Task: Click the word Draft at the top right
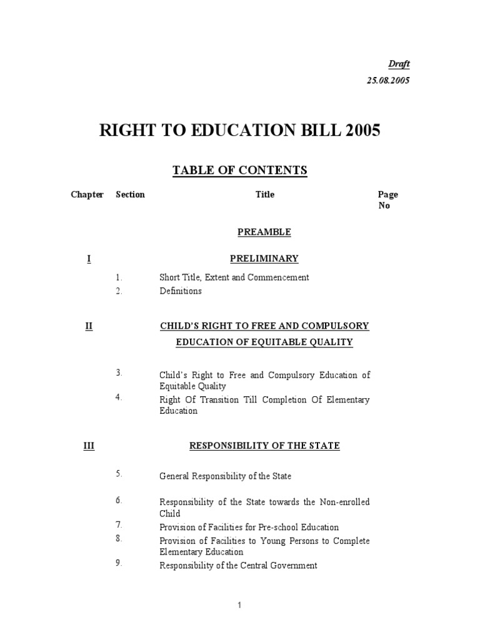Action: pos(399,64)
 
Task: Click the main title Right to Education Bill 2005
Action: pos(240,132)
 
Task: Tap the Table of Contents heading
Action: pos(240,170)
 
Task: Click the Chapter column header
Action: pos(87,195)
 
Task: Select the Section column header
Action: pos(130,195)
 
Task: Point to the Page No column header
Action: pos(387,200)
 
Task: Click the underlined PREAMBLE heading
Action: pos(264,232)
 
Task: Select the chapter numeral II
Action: pos(88,326)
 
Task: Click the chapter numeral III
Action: pos(88,446)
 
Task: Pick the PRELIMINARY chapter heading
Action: pos(264,259)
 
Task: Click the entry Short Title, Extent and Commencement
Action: pos(234,277)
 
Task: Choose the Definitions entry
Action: pos(181,291)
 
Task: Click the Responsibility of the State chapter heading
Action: pos(264,446)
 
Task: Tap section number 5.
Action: pos(118,474)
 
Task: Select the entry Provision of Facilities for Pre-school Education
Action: pos(249,527)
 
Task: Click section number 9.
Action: pos(118,563)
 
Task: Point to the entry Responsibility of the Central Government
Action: pos(238,565)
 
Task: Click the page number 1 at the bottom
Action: pos(239,605)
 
